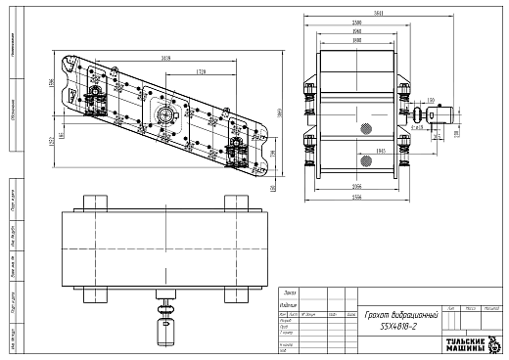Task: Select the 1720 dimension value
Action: [200, 72]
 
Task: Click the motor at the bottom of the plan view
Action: [163, 333]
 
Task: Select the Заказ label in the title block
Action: [289, 292]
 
